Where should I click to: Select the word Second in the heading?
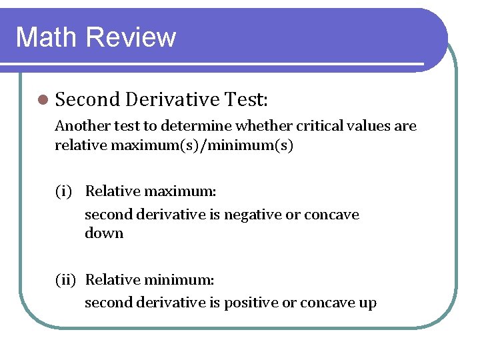pyautogui.click(x=87, y=100)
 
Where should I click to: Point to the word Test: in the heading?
pyautogui.click(x=245, y=100)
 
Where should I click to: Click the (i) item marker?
pyautogui.click(x=64, y=192)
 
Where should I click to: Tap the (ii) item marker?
pyautogui.click(x=66, y=281)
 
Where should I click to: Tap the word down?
pyautogui.click(x=104, y=233)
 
